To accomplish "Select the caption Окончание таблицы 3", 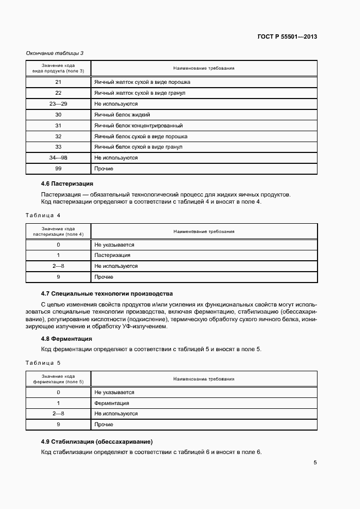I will pyautogui.click(x=55, y=53).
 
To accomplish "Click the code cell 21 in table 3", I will pyautogui.click(x=58, y=82).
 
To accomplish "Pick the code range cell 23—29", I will pyautogui.click(x=58, y=103).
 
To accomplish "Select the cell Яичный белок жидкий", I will pyautogui.click(x=122, y=115).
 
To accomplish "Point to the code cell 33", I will pyautogui.click(x=58, y=147).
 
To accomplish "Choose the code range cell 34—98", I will pyautogui.click(x=58, y=158).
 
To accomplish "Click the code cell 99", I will pyautogui.click(x=58, y=169).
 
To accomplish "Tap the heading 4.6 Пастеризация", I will pyautogui.click(x=67, y=184).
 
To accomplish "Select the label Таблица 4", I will pyautogui.click(x=43, y=215).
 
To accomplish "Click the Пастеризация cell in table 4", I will pyautogui.click(x=112, y=255).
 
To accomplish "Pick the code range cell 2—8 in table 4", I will pyautogui.click(x=58, y=266).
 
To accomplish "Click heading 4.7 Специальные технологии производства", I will pyautogui.click(x=107, y=293).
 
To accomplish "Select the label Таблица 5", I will pyautogui.click(x=43, y=363).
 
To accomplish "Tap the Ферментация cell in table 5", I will pyautogui.click(x=112, y=403).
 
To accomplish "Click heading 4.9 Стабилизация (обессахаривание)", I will pyautogui.click(x=96, y=441).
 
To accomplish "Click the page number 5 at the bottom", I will pyautogui.click(x=315, y=463).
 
